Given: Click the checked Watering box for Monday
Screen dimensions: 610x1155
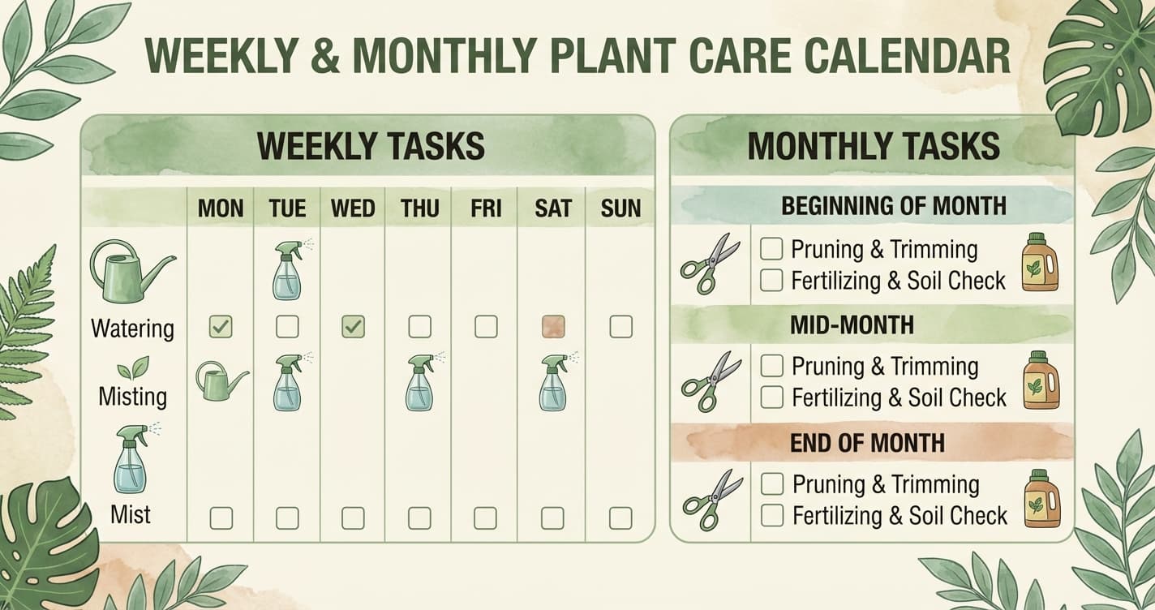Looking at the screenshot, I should pos(221,327).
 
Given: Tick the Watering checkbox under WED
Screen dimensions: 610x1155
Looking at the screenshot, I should pos(353,327).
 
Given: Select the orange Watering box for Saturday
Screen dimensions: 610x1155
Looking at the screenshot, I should pos(552,327).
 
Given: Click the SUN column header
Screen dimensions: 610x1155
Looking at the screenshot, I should pos(620,208).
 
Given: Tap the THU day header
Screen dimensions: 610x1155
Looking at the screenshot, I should pos(419,208).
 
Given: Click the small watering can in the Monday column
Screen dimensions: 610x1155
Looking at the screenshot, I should pos(221,381).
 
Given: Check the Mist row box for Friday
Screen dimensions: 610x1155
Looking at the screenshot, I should pos(486,518).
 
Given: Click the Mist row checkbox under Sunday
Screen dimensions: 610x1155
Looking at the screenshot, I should pos(620,518).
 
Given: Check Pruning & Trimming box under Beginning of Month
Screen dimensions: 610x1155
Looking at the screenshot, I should pos(771,249).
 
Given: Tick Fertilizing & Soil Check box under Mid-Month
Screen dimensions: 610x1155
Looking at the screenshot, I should pos(771,397).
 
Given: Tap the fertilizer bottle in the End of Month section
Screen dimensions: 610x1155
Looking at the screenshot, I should pos(1041,499).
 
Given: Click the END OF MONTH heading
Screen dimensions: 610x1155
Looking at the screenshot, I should pos(867,443).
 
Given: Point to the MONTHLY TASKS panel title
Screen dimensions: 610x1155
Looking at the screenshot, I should pos(873,146).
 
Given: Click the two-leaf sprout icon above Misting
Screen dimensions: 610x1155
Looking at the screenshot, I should pos(133,369).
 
